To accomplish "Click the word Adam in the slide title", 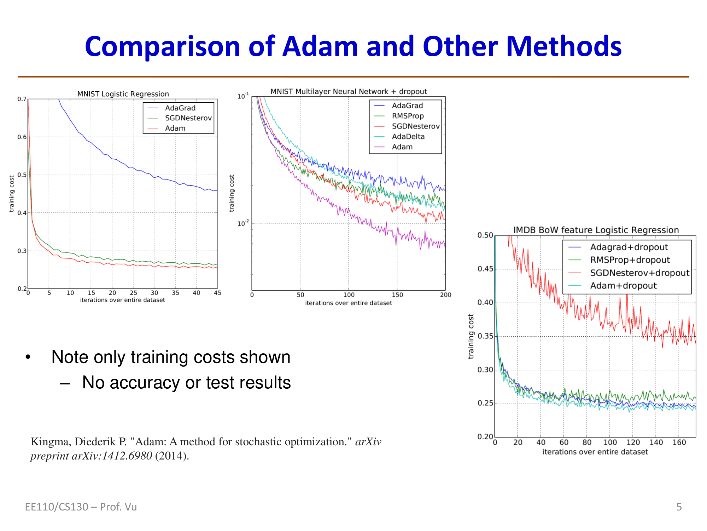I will pos(320,47).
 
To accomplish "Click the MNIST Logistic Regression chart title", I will pos(123,94).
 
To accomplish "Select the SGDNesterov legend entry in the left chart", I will pos(188,118).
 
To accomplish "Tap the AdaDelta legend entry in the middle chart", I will pos(408,137).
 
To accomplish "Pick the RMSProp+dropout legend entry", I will pos(630,260).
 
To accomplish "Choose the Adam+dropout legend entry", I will pos(623,286).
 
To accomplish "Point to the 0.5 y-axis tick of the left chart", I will pos(22,175).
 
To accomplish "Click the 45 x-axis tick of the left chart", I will pos(217,293).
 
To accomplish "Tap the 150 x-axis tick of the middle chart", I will pos(397,295).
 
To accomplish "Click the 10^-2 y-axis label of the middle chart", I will pos(243,223).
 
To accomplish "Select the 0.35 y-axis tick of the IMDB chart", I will pos(485,336).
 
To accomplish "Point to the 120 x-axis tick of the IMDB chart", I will pos(633,442).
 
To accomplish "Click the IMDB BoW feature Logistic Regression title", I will pos(596,230).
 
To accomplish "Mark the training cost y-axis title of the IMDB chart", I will pos(471,336).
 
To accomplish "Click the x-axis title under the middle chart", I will pos(349,303).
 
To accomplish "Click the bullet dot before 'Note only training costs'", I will pos(28,357).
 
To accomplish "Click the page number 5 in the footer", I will pos(679,507).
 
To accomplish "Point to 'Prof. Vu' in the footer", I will pos(118,507).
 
